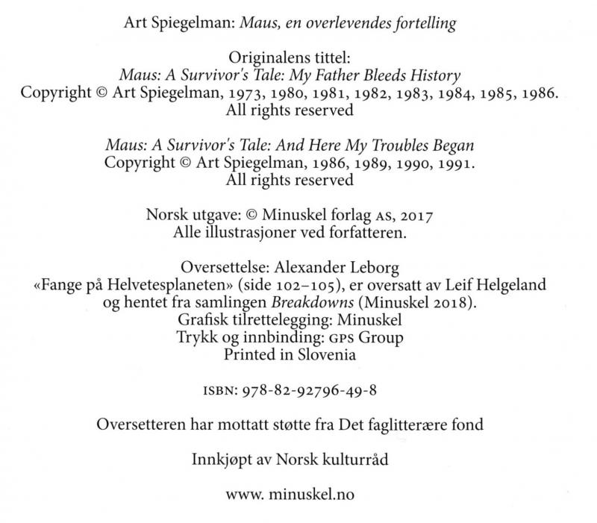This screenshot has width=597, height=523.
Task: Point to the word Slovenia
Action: [x=326, y=354]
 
